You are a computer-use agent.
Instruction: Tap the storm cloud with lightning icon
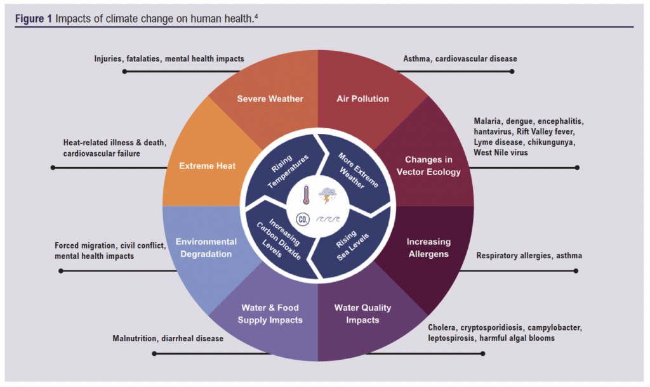pos(329,195)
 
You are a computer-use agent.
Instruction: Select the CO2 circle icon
pos(305,220)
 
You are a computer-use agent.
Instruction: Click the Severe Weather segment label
pos(270,99)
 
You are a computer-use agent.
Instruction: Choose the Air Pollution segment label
pos(362,99)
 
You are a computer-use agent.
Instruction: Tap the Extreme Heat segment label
pos(208,166)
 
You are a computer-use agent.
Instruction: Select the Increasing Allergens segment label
pos(428,248)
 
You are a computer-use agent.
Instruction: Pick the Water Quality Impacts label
pos(362,314)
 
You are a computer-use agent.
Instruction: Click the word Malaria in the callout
pos(488,121)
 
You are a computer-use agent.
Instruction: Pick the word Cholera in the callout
pos(443,328)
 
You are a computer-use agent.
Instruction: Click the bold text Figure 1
pos(34,18)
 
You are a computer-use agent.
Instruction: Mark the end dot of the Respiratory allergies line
pos(576,271)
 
